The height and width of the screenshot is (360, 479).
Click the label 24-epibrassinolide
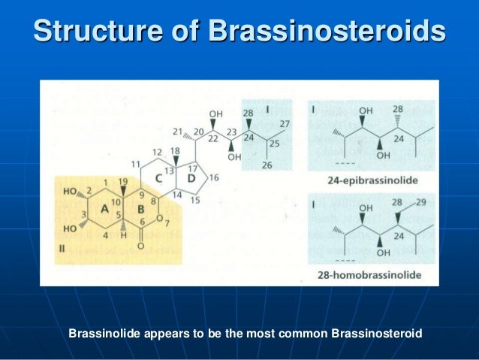coord(373,180)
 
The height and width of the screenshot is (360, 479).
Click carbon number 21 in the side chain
coord(177,132)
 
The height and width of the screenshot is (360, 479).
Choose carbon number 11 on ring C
coord(136,163)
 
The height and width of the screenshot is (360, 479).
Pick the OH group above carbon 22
coord(216,114)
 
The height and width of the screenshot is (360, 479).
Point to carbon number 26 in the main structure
coord(267,165)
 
